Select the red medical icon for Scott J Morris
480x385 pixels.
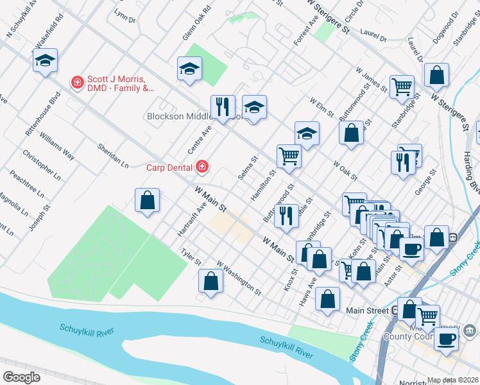77,82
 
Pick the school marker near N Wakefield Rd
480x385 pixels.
45,60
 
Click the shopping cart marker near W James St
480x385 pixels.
402,86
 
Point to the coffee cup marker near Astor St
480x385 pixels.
411,248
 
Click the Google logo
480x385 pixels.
22,377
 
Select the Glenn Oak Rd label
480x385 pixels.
196,23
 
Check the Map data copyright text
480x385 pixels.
452,380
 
